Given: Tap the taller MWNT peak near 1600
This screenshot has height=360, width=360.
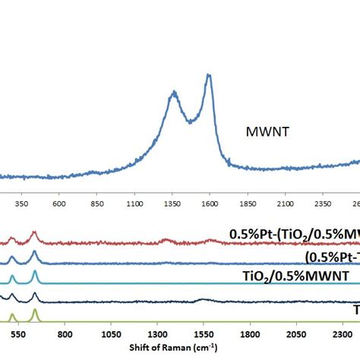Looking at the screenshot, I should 209,75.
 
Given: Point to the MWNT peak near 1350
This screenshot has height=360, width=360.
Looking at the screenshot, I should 174,93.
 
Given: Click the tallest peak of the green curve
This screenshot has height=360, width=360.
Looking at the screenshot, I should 35,311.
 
